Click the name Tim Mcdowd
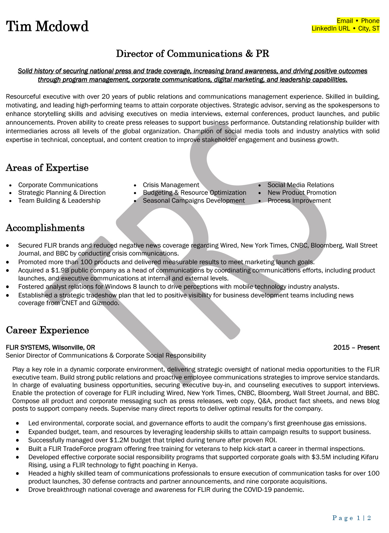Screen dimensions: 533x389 pos(47,27)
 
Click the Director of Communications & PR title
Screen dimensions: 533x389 pos(192,54)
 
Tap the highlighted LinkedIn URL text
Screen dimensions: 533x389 pos(331,29)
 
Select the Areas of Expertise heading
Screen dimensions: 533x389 pos(47,168)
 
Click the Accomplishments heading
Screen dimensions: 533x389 pos(45,228)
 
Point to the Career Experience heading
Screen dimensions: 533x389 pos(48,330)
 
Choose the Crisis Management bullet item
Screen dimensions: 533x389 pos(171,185)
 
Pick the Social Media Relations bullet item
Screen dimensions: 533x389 pos(301,185)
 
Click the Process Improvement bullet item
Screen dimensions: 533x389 pos(299,201)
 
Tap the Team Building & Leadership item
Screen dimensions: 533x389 pos(59,201)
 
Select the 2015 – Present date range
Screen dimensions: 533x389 pos(356,348)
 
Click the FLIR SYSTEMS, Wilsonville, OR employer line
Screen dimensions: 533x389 pos(50,348)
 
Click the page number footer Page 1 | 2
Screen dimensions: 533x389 pos(351,518)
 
